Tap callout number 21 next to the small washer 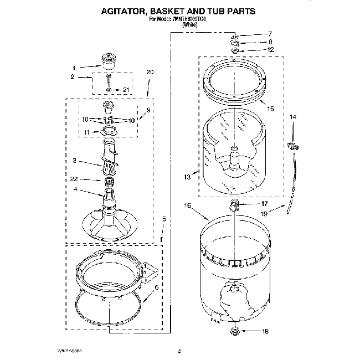[x=126, y=90]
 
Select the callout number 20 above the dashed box [x=149, y=73]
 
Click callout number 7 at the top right [x=270, y=34]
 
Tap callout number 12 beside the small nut [x=271, y=50]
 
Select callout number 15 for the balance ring [x=270, y=109]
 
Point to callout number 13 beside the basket [x=187, y=177]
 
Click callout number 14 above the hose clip [x=294, y=117]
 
